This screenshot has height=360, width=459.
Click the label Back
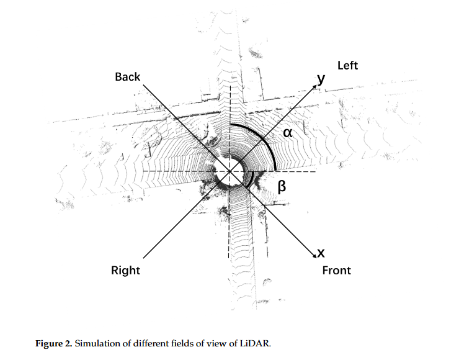pos(128,77)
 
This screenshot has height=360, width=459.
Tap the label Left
pos(347,65)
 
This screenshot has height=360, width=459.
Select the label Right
pos(125,270)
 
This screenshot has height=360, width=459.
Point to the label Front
pos(336,270)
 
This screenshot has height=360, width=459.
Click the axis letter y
pos(321,79)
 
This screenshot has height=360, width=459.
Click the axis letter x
pos(321,253)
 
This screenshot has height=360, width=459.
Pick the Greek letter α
pos(288,133)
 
